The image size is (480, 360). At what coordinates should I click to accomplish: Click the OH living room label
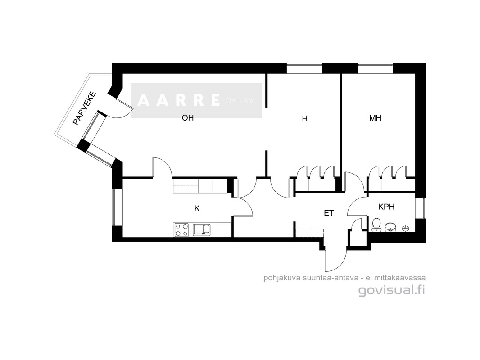coord(188,118)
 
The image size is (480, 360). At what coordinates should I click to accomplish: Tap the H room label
coord(304,119)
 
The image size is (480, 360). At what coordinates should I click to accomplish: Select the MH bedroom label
coord(375,118)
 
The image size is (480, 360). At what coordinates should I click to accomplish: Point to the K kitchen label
coord(197,209)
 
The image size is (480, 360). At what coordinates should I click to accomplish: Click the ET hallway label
coord(329,213)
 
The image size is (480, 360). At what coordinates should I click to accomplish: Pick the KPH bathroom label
coord(386,207)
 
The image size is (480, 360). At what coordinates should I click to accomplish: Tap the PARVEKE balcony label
coord(85,108)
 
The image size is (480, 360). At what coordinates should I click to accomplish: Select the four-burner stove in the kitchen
coord(181,229)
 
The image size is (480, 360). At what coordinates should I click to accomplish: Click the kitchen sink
coord(201,229)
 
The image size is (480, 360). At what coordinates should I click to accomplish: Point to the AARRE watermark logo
coord(196,100)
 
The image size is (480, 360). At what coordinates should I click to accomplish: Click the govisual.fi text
coord(392,290)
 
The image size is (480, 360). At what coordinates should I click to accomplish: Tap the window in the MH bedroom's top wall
coord(375,68)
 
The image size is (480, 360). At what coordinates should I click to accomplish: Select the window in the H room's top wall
coord(304,68)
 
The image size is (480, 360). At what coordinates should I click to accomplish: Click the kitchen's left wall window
coord(114,208)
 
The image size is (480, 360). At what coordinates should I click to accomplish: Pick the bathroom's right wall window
coord(420,208)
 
